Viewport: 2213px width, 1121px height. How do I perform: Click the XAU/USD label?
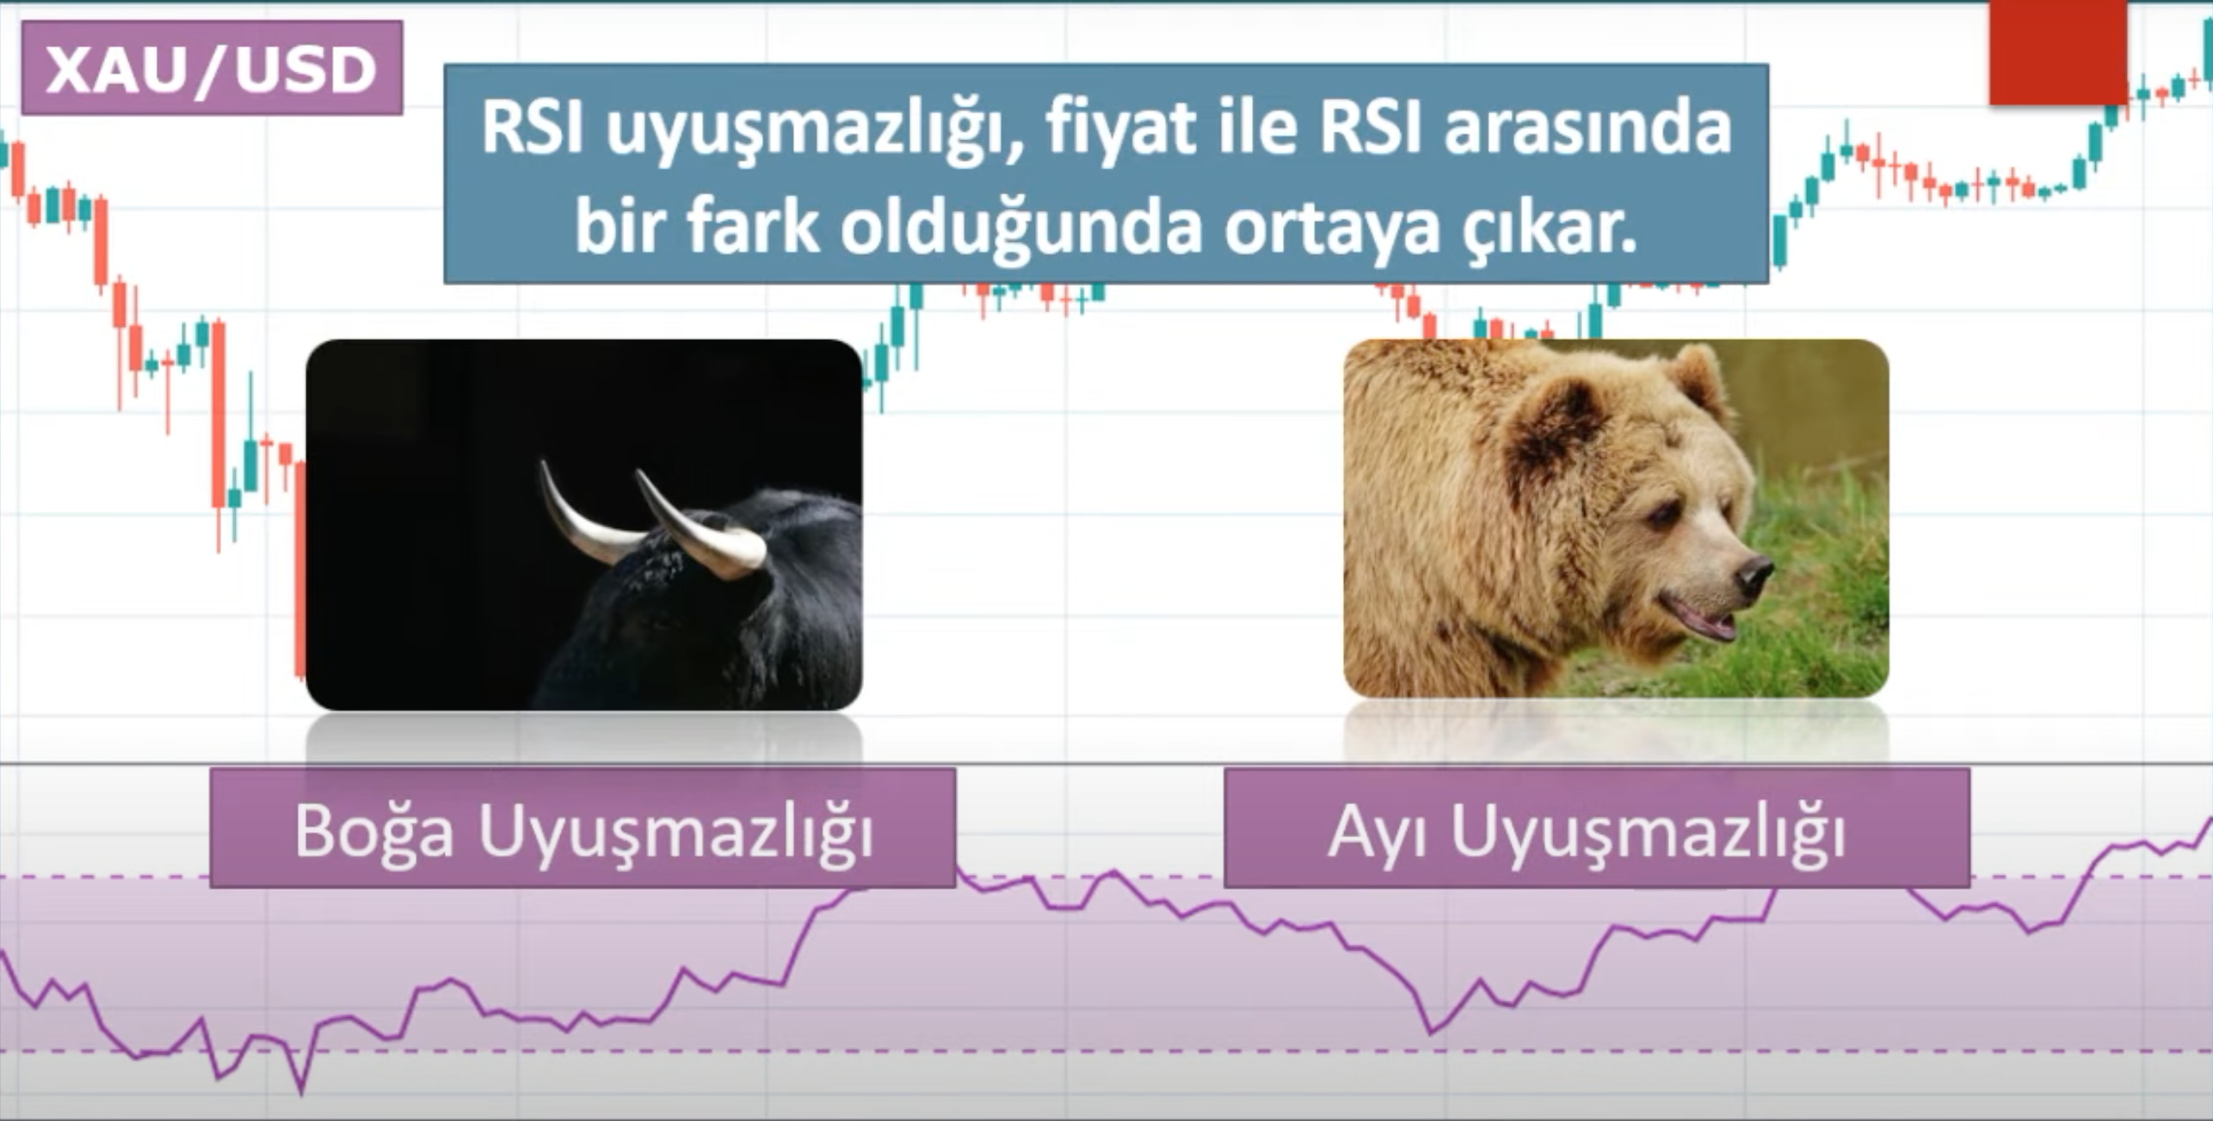click(x=212, y=68)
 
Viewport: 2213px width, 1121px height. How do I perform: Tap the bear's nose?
click(x=1753, y=576)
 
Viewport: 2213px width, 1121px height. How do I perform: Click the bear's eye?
click(x=1662, y=515)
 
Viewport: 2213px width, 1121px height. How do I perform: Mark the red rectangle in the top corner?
click(x=2058, y=52)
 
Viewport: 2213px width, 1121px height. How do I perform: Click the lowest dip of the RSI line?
click(x=300, y=1093)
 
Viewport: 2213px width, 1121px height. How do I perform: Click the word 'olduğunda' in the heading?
click(x=1020, y=231)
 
